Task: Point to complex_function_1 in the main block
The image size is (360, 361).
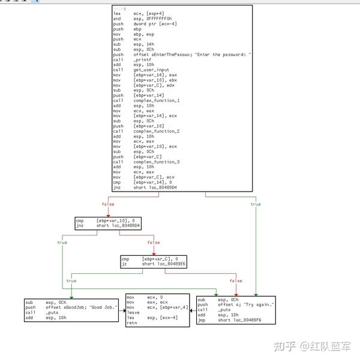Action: [x=157, y=100]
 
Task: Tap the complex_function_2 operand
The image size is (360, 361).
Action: [x=157, y=131]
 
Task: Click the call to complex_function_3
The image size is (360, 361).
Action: [x=157, y=162]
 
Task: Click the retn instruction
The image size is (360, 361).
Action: [x=133, y=323]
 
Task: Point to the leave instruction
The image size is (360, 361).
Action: [x=133, y=312]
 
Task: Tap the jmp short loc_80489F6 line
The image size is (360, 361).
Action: [x=236, y=320]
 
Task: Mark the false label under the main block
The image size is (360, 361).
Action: [x=107, y=204]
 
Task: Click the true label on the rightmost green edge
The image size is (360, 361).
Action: [x=256, y=204]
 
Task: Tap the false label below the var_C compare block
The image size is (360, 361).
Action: [x=236, y=281]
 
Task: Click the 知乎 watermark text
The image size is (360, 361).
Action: [x=283, y=346]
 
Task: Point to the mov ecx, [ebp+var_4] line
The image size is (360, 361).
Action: [x=157, y=307]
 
